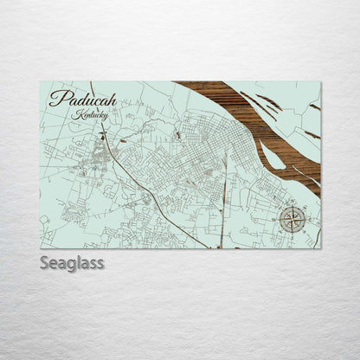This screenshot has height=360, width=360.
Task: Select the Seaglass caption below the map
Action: coord(72,263)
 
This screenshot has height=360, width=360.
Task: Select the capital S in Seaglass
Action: coord(45,263)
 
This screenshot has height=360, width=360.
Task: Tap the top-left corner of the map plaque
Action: coord(40,82)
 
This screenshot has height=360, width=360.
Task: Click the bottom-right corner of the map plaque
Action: coord(320,248)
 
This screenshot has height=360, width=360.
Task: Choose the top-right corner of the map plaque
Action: coord(320,82)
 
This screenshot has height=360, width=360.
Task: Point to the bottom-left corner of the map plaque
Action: coord(40,248)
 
